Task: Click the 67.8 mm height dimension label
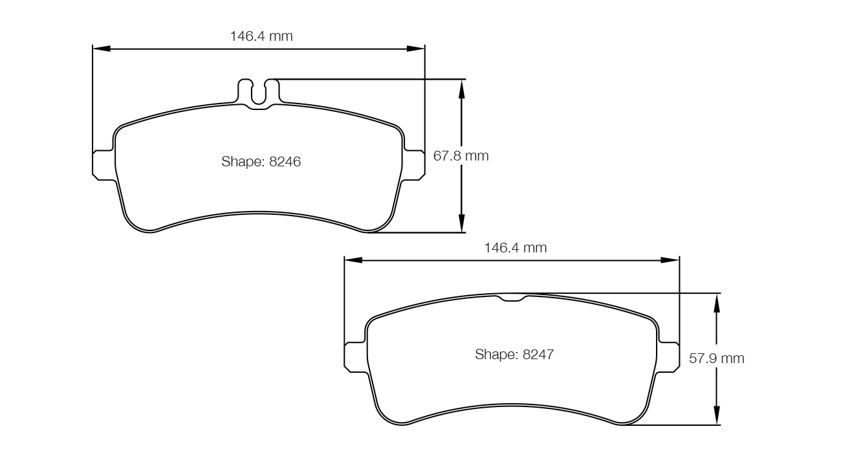click(461, 156)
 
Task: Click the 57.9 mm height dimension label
click(716, 359)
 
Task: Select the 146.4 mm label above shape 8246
click(261, 36)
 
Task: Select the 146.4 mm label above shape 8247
click(515, 248)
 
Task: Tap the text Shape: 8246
click(261, 162)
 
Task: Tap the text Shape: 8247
click(514, 355)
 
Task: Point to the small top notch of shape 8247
click(512, 298)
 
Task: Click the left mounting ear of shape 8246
click(104, 165)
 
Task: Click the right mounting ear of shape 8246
click(414, 165)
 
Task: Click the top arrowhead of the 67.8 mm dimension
click(461, 88)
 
